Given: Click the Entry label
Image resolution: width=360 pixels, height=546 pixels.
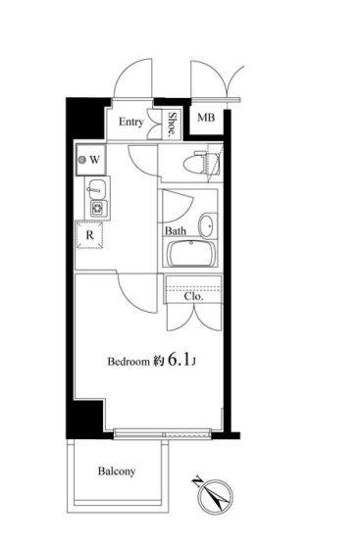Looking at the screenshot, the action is [131, 122].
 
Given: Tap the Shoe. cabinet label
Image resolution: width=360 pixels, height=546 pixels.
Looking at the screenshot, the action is [173, 124].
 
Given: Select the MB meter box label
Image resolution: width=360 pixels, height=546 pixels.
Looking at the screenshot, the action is [206, 118].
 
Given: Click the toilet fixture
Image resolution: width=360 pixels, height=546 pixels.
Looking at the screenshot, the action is [201, 163].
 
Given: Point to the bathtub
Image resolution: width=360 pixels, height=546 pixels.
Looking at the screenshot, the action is [190, 253].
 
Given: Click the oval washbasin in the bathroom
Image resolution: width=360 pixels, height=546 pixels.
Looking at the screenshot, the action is [207, 226].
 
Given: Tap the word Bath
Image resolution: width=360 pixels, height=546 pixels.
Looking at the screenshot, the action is [176, 231].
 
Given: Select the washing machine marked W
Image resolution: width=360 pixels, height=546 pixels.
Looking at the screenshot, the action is [91, 160].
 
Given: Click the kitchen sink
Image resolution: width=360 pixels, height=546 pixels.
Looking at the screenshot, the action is [96, 188].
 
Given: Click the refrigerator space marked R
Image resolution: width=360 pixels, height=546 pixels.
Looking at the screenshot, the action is [89, 235].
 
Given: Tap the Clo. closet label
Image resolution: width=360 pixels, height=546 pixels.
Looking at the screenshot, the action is [193, 297].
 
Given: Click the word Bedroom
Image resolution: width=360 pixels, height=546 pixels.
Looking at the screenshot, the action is [129, 362].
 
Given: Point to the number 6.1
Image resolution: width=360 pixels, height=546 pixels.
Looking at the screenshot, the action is [180, 360].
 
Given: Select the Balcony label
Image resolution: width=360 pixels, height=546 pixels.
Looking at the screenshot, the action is [117, 472].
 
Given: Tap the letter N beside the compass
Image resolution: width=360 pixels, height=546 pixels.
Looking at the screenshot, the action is [197, 481].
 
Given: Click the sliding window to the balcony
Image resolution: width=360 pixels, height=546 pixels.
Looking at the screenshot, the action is [163, 433].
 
